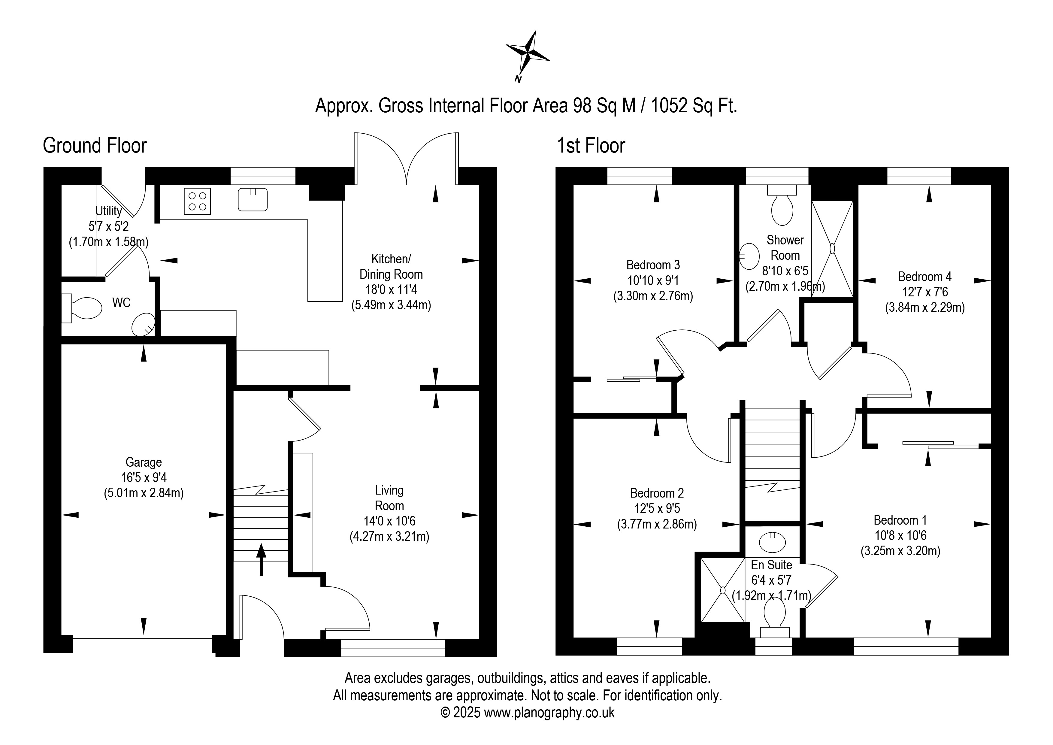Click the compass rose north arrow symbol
(528, 54)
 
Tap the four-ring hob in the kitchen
(197, 201)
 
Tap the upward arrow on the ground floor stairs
(262, 559)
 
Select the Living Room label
(389, 498)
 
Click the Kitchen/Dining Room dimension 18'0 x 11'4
(391, 289)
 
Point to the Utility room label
(109, 211)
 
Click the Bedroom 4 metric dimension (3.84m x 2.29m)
(924, 307)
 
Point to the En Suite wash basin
(772, 542)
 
